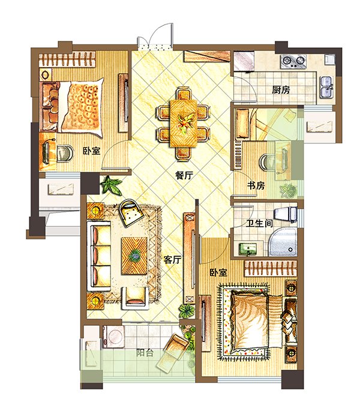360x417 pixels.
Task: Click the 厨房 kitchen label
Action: point(281,90)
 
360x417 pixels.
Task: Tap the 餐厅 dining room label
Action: point(184,175)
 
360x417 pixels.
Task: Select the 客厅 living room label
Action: point(173,260)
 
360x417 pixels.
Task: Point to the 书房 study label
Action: point(256,185)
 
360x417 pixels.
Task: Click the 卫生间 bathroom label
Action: point(259,223)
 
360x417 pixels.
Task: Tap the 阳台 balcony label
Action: point(145,353)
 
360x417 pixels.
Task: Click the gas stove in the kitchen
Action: point(293,61)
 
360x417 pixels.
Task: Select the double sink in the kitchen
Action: point(327,87)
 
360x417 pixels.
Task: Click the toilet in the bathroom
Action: point(286,214)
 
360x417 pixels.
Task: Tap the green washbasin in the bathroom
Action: point(248,249)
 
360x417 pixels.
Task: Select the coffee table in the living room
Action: point(134,256)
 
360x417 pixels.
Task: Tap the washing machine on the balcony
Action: point(114,337)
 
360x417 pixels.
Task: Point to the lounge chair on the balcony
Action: point(173,352)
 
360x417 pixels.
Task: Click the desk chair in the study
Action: point(266,161)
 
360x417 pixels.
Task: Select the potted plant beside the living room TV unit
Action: point(187,310)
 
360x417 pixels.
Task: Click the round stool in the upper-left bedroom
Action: point(65,153)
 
